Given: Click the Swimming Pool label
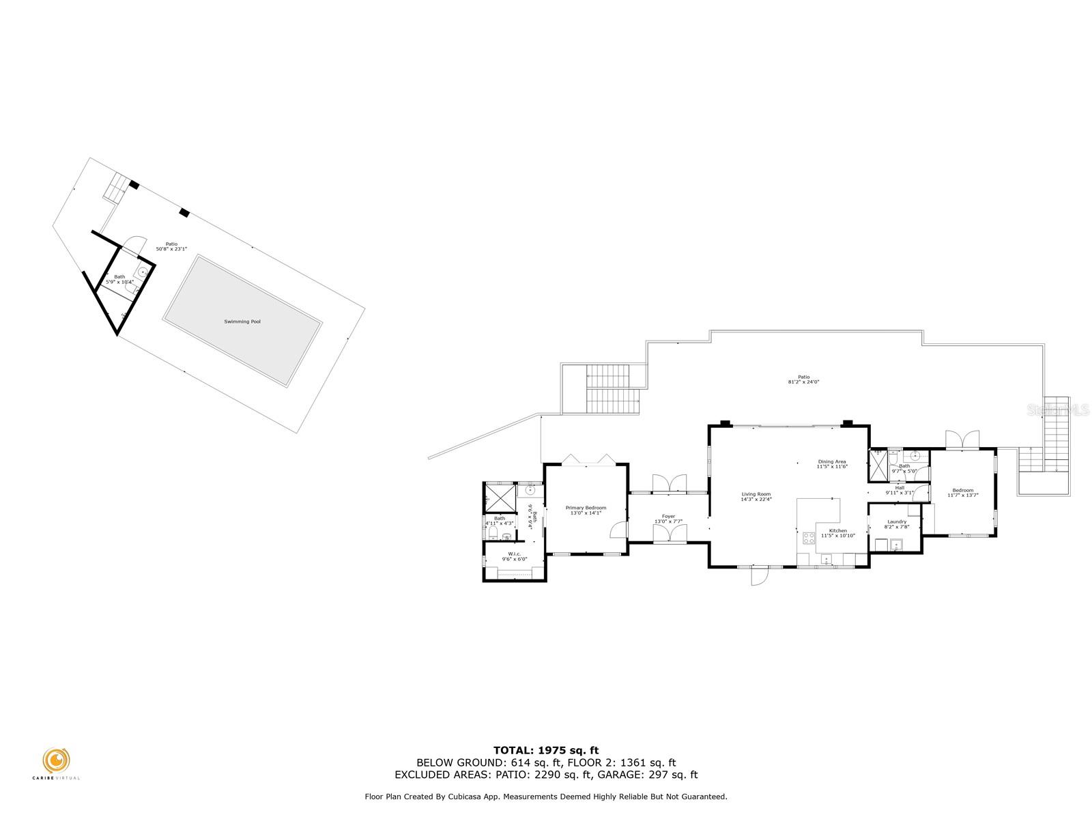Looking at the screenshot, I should pyautogui.click(x=242, y=321).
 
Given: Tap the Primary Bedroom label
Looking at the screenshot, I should pyautogui.click(x=586, y=508).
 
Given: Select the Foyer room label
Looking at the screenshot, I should pyautogui.click(x=668, y=517).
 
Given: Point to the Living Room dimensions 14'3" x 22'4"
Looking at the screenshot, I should pyautogui.click(x=756, y=500).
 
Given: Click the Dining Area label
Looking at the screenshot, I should pyautogui.click(x=832, y=462).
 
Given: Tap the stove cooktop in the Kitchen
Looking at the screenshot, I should pyautogui.click(x=809, y=537).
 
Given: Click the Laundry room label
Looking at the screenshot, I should pyautogui.click(x=897, y=521).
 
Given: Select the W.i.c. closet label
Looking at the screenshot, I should pyautogui.click(x=514, y=554).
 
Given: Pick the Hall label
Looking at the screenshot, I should pyautogui.click(x=900, y=488).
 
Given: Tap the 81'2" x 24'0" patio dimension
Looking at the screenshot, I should pyautogui.click(x=803, y=382).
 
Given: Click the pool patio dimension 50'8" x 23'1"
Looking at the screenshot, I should pyautogui.click(x=171, y=249).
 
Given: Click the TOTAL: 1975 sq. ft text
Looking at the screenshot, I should pyautogui.click(x=546, y=750).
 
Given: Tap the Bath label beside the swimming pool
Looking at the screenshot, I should pyautogui.click(x=119, y=277).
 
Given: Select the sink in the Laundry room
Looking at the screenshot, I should pyautogui.click(x=897, y=544).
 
